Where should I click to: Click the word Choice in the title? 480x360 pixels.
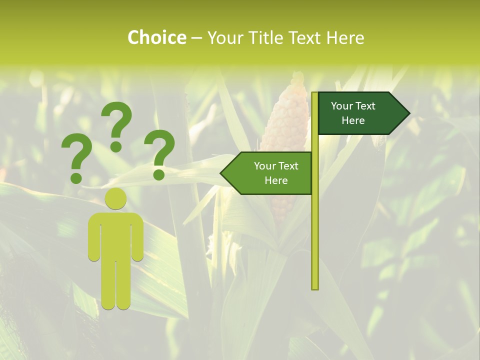tap(156, 37)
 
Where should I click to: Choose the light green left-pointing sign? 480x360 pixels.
tap(270, 173)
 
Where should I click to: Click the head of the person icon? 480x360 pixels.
tap(115, 198)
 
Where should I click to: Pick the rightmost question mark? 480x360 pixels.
tap(160, 150)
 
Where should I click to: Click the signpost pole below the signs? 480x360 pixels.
tap(315, 240)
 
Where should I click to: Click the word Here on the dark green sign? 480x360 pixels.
tap(353, 120)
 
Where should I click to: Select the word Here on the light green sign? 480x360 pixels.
tap(276, 180)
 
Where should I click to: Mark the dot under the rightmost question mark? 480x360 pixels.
tap(159, 174)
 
